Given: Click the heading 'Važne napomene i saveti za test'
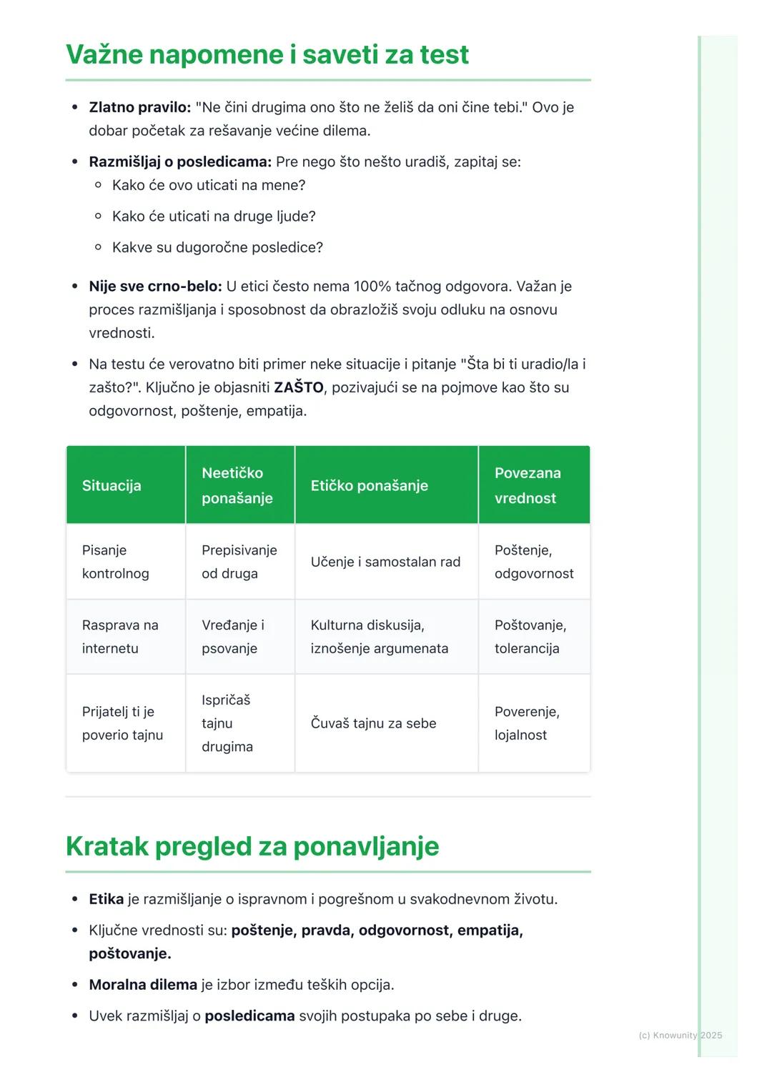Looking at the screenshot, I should pyautogui.click(x=267, y=55).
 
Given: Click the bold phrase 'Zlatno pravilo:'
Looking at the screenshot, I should pyautogui.click(x=139, y=107).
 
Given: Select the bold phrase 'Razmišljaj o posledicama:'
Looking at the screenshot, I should pyautogui.click(x=179, y=162).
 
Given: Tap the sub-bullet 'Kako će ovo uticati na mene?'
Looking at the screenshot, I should pyautogui.click(x=208, y=185).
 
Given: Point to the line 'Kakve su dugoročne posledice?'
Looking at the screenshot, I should pyautogui.click(x=217, y=247).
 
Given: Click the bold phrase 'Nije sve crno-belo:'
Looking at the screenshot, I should pyautogui.click(x=155, y=286).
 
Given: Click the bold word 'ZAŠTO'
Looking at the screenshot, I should pyautogui.click(x=299, y=387).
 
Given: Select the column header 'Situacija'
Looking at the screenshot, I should pyautogui.click(x=112, y=485).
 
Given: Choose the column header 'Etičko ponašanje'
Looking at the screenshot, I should pyautogui.click(x=369, y=485).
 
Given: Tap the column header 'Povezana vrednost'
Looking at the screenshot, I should pyautogui.click(x=528, y=485).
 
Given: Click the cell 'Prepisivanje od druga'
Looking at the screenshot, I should pyautogui.click(x=239, y=562).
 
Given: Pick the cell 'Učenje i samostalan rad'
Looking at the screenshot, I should pyautogui.click(x=385, y=562).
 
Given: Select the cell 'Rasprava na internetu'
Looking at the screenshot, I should pyautogui.click(x=120, y=636).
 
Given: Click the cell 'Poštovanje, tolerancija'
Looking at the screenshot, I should pyautogui.click(x=530, y=636).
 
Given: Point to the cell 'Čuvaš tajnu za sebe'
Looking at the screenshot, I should pyautogui.click(x=373, y=723).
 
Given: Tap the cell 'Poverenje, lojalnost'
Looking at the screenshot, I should pyautogui.click(x=527, y=723).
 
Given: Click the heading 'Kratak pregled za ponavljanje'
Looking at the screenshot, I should pyautogui.click(x=252, y=846).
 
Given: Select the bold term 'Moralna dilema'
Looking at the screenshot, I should pyautogui.click(x=143, y=984).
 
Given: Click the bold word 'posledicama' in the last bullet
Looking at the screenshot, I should pyautogui.click(x=249, y=1016).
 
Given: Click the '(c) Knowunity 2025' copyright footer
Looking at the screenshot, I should pyautogui.click(x=680, y=1035).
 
